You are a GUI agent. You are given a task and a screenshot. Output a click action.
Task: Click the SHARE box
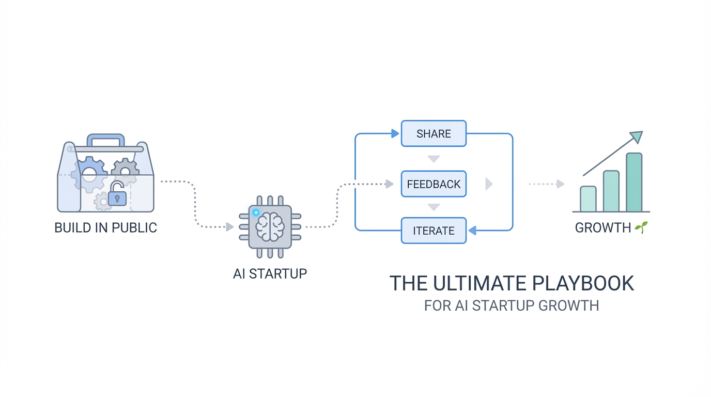click(434, 133)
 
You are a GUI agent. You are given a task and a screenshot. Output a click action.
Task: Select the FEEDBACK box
click(434, 184)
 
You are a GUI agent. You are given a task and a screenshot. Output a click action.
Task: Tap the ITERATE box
click(434, 231)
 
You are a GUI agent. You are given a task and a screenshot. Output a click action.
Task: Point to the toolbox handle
click(106, 140)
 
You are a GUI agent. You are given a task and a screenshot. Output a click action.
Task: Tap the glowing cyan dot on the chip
click(256, 212)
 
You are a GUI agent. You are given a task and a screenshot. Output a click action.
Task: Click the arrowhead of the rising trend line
click(637, 136)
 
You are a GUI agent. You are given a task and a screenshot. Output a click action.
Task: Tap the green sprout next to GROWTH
click(641, 227)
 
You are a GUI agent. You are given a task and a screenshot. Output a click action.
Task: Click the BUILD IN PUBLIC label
click(105, 227)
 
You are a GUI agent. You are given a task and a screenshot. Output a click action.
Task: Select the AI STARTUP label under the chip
click(270, 273)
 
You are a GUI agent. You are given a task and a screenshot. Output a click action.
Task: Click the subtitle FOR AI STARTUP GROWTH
click(511, 306)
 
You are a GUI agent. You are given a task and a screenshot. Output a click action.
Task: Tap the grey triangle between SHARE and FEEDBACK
click(434, 159)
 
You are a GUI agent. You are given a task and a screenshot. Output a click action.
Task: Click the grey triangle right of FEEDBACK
click(489, 184)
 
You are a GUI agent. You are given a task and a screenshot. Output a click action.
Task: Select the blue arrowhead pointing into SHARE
click(395, 133)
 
